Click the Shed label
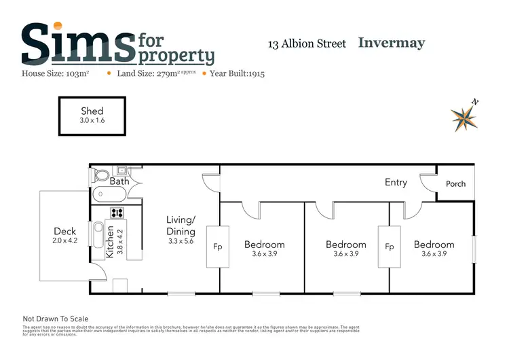click(x=92, y=111)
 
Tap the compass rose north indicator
click(x=464, y=117)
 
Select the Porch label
click(x=455, y=184)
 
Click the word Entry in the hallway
click(x=396, y=182)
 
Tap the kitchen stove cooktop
click(x=117, y=212)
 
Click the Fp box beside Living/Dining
click(x=219, y=247)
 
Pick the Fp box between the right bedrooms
click(x=390, y=247)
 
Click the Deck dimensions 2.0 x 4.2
click(x=65, y=240)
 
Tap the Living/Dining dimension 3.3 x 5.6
click(x=181, y=240)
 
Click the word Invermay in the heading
click(x=391, y=43)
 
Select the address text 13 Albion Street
click(x=307, y=44)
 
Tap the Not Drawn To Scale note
click(x=56, y=319)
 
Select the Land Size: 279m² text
click(x=155, y=73)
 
